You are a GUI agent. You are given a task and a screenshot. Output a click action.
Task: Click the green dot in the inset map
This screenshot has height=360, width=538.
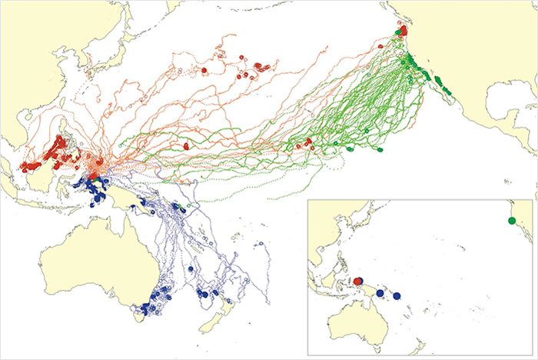512,222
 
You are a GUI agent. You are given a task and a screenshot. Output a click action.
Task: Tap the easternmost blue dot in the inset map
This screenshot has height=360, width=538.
397,296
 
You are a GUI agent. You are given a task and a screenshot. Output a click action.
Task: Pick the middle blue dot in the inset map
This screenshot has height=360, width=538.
380,292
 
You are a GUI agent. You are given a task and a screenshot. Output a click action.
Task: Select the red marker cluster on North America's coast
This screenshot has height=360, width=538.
402,32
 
